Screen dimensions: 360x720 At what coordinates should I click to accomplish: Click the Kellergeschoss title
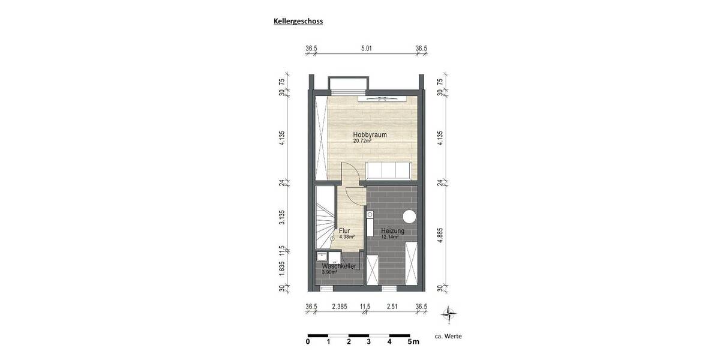pos(298,21)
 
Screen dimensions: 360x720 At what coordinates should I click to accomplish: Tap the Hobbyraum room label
pos(369,134)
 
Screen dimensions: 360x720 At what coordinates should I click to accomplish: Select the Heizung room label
pos(393,230)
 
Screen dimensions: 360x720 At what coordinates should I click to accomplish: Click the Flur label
pos(344,230)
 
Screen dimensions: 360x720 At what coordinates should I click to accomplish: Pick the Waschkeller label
pos(340,266)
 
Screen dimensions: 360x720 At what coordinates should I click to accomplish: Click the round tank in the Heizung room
pos(410,216)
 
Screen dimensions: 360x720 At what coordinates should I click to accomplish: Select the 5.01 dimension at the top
pos(366,49)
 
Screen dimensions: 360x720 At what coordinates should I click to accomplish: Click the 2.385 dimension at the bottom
pos(339,307)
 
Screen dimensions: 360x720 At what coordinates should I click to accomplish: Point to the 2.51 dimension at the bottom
pos(392,307)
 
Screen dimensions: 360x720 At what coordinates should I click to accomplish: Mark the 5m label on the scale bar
pos(413,342)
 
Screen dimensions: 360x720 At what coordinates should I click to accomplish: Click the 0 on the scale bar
pos(308,342)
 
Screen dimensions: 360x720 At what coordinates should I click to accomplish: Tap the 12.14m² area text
pos(390,237)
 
